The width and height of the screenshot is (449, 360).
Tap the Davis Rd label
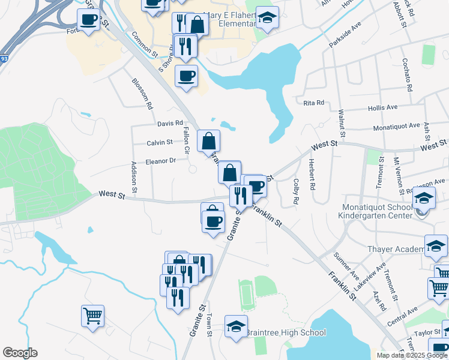click(x=170, y=124)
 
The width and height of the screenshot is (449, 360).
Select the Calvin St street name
click(x=160, y=143)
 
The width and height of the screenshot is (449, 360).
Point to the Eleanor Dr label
click(x=160, y=161)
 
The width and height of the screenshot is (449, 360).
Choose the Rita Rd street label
click(x=313, y=103)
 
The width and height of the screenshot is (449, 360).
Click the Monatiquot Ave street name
click(x=396, y=126)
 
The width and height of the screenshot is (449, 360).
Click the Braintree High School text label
click(x=286, y=332)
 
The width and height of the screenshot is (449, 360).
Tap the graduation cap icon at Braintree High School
click(x=236, y=326)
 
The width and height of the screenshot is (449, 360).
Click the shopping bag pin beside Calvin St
click(x=208, y=142)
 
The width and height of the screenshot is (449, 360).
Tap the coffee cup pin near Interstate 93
click(x=89, y=20)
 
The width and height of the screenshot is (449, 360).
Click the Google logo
click(x=20, y=353)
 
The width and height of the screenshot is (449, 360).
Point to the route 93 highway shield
click(x=4, y=59)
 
